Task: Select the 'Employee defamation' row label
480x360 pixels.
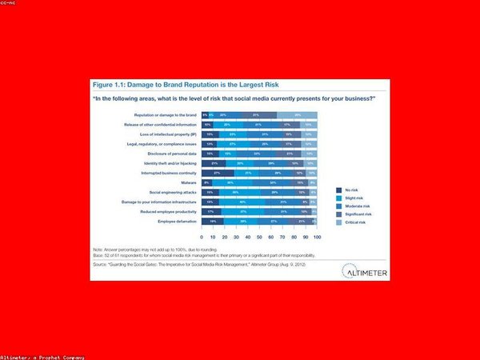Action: coord(178,219)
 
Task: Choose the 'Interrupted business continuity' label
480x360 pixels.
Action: coord(169,172)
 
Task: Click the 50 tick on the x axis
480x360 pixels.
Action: coord(260,238)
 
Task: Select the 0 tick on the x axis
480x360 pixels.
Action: coord(202,238)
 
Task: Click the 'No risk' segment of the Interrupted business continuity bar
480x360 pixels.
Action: coord(218,172)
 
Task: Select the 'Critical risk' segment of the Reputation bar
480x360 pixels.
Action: coord(298,115)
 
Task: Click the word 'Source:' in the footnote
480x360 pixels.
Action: coord(100,263)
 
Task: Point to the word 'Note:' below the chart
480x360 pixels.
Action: coord(98,250)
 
